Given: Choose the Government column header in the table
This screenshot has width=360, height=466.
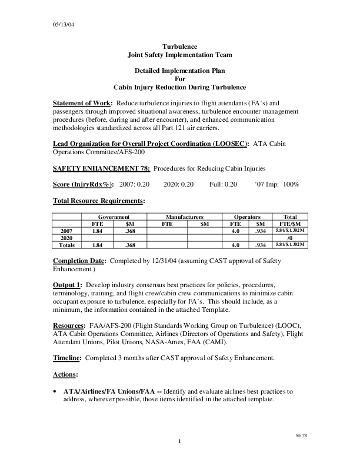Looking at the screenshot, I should click(x=114, y=217).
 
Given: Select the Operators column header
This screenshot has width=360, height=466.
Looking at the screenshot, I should click(x=247, y=217).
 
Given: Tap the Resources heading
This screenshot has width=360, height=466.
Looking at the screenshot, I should click(x=69, y=325).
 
